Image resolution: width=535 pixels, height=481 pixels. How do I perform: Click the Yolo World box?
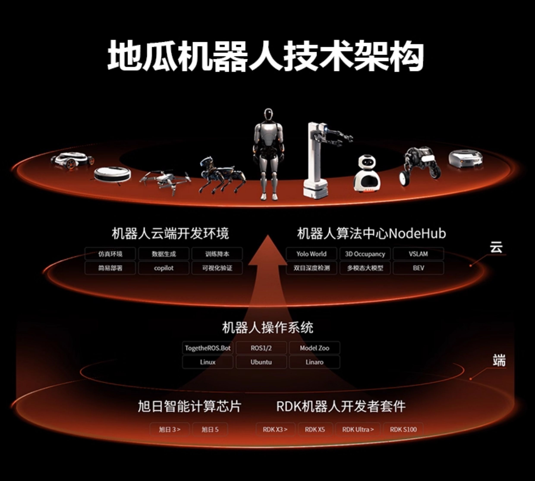point(312,254)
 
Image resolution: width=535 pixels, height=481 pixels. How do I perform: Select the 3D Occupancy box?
point(365,254)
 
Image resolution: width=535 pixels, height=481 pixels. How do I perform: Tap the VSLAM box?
point(418,254)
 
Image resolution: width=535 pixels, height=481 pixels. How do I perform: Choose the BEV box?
point(418,268)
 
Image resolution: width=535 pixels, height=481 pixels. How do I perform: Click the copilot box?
point(164,268)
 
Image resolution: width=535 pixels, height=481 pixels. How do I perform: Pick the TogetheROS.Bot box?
point(208,348)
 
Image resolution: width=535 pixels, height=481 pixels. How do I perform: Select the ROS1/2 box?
point(261,348)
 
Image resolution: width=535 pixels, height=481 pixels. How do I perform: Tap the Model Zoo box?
point(315,348)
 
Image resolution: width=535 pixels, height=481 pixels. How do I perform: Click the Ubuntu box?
point(261,362)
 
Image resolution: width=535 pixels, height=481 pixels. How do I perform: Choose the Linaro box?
point(315,362)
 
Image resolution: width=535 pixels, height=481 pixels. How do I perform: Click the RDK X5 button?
point(315,429)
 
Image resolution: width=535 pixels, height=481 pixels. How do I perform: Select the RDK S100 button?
point(403,429)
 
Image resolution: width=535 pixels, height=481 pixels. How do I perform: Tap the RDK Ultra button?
point(358,429)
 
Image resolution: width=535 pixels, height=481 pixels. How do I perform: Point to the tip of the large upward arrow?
point(268,235)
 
